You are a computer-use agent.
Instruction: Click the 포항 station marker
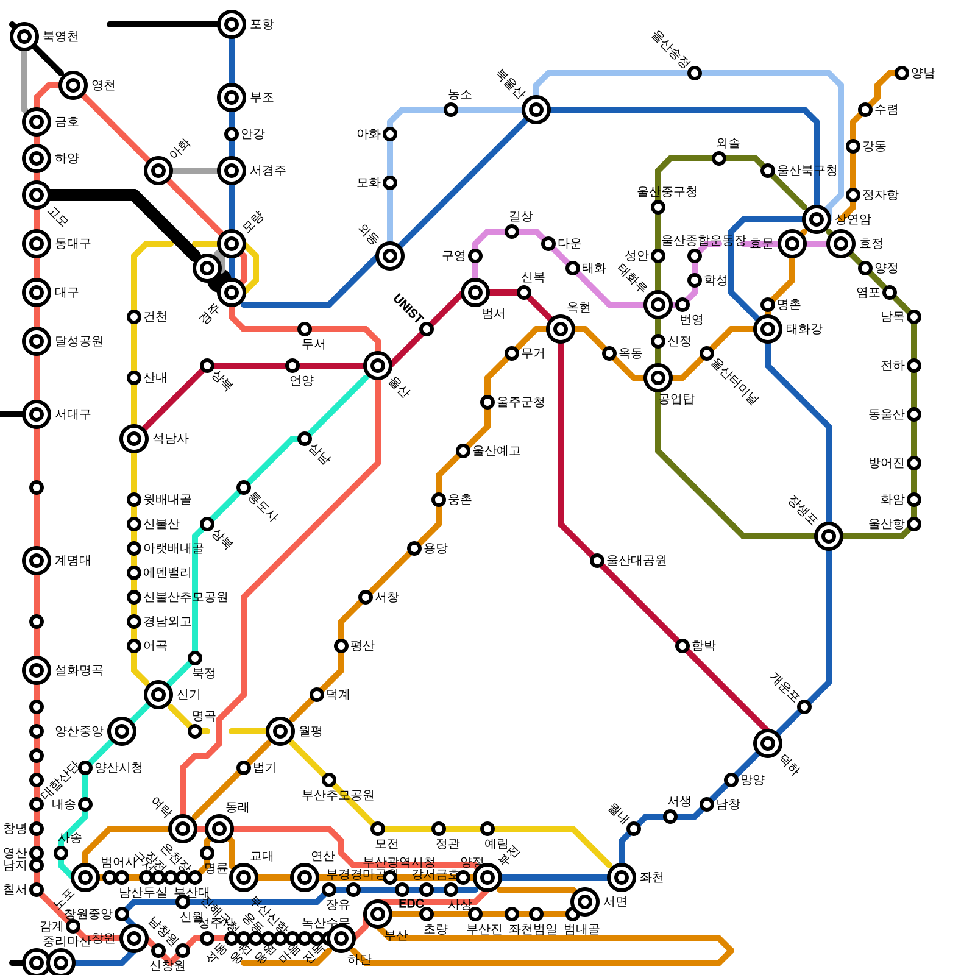[232, 24]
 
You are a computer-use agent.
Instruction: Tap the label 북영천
[60, 37]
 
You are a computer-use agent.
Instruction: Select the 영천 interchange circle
[73, 85]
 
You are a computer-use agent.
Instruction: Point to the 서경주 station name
[268, 171]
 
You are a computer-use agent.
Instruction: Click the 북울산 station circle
[536, 110]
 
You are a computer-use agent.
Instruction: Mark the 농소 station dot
[451, 110]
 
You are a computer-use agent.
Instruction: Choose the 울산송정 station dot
[695, 73]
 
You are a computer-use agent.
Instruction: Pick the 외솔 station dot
[719, 158]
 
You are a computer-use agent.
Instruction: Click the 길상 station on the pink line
[512, 232]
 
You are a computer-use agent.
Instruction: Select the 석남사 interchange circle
[134, 439]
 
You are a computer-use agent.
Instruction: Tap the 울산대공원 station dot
[597, 561]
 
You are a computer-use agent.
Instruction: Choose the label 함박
[704, 646]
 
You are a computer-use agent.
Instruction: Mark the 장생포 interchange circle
[829, 536]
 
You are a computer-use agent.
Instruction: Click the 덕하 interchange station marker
[768, 743]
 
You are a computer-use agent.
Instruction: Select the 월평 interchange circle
[280, 731]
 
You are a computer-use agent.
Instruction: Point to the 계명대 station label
[73, 561]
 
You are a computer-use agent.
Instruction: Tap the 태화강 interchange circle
[768, 329]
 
